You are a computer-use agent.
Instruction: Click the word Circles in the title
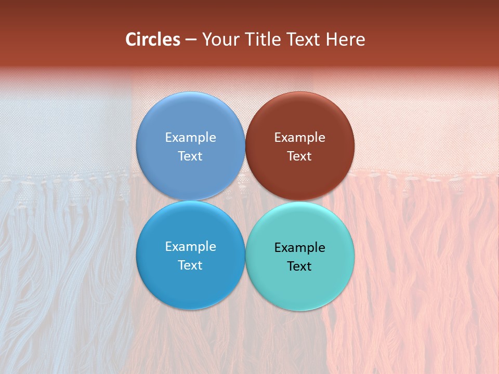(153, 39)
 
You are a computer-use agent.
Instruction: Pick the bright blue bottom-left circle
(190, 286)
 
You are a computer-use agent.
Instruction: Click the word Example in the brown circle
(300, 138)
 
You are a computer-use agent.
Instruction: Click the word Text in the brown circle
(299, 156)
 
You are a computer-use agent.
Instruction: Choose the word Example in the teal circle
(300, 248)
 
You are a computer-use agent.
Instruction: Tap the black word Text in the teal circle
(299, 266)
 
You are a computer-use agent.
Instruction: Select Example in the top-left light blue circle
(190, 138)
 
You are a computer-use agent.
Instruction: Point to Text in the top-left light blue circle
(190, 156)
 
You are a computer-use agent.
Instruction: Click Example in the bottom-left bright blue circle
(190, 247)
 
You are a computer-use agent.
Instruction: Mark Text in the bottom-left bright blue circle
(190, 265)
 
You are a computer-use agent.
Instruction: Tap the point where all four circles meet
(245, 201)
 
